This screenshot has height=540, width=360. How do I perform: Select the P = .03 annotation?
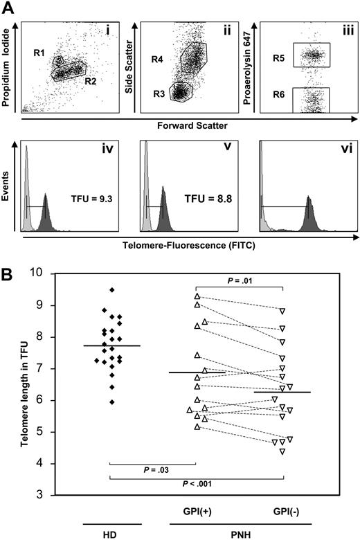[152, 471]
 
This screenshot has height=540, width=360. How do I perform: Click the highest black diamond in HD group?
[112, 289]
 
